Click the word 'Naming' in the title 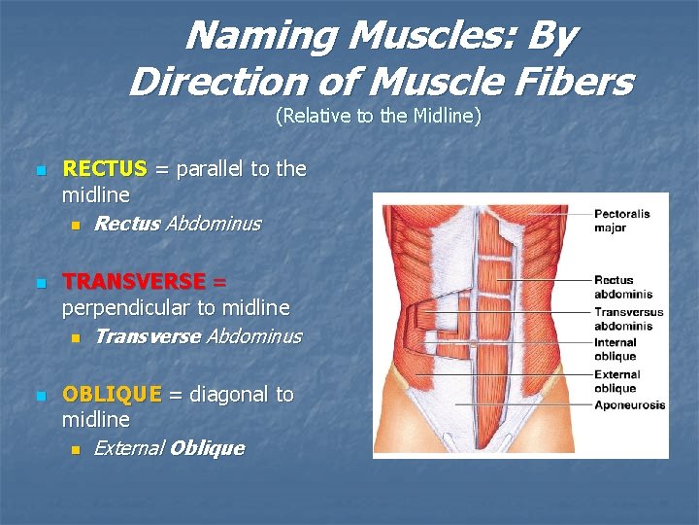[x=247, y=36]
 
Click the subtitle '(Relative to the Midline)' [x=379, y=117]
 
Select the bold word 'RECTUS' [x=104, y=169]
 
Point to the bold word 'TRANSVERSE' [x=134, y=282]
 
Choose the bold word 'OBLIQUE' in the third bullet [x=112, y=395]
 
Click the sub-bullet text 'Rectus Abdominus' [x=178, y=224]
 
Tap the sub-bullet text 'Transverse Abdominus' [x=198, y=336]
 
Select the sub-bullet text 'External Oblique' [x=169, y=448]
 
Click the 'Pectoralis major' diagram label [x=621, y=221]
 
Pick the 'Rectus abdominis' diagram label [x=622, y=287]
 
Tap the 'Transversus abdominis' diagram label [x=628, y=318]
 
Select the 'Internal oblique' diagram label [x=616, y=349]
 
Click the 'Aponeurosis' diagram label [x=629, y=404]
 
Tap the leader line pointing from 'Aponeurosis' [x=524, y=404]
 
